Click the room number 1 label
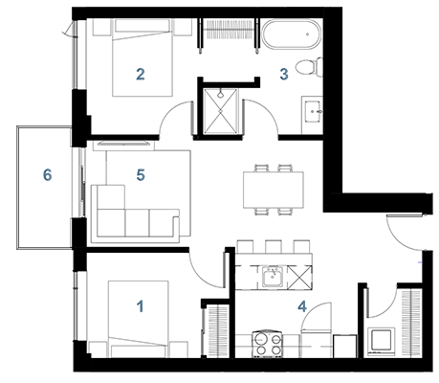point(140,306)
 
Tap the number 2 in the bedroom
point(141,74)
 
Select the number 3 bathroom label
point(284,74)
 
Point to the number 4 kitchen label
point(302,306)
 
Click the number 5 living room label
point(141,175)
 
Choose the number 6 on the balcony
point(47,175)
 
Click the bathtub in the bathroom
point(290,34)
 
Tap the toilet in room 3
point(309,67)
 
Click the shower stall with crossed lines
point(221,110)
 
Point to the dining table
point(274,190)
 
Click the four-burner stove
point(268,344)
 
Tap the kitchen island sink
point(272,277)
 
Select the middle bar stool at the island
point(274,246)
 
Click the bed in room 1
point(138,319)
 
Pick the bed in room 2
point(143,57)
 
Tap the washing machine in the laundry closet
point(382,341)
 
